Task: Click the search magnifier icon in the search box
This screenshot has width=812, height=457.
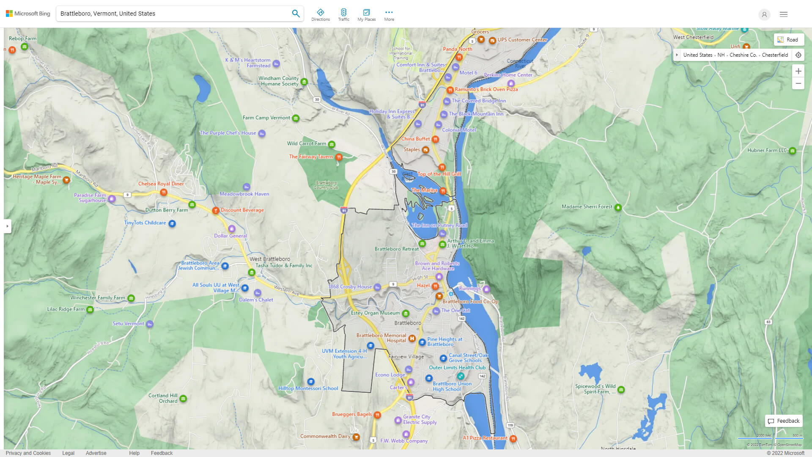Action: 296,14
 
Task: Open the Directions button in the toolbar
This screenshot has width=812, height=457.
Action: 320,15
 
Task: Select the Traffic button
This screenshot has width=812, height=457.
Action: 343,15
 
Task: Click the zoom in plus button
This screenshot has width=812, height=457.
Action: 798,71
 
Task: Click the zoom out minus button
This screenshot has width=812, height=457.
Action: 798,83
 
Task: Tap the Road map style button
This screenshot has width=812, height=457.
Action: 788,39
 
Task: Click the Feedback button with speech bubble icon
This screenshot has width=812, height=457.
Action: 784,421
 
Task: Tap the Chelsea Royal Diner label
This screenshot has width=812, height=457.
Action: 161,184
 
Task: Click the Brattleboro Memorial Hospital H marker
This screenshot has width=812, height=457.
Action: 411,339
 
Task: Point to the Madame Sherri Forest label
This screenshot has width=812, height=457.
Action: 587,207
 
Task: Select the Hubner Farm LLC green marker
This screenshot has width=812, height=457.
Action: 792,151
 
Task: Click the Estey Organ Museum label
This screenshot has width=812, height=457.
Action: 375,313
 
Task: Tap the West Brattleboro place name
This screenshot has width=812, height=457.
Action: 270,259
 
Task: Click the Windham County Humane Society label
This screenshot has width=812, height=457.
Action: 279,81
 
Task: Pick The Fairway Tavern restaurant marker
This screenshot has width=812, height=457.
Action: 339,157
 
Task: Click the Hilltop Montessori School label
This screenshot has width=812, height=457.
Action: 308,388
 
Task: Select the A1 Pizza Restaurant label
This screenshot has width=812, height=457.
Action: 485,438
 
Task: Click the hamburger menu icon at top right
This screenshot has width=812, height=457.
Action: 783,14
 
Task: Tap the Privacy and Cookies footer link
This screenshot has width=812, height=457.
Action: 28,453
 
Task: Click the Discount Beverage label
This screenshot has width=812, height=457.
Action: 242,210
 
